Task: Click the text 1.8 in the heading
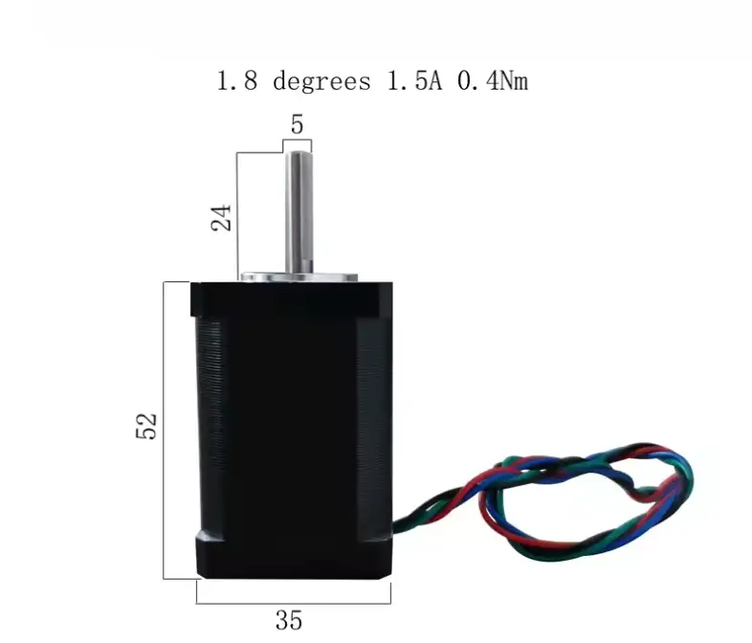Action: tap(237, 80)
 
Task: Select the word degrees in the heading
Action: tap(321, 81)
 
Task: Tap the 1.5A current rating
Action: tap(414, 80)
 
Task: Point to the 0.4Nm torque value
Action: tap(493, 80)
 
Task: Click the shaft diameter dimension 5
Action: tap(298, 124)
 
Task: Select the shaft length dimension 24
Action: tap(222, 218)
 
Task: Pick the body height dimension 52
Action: tap(146, 426)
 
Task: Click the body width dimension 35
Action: tap(289, 620)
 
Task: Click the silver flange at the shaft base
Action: tap(299, 277)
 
